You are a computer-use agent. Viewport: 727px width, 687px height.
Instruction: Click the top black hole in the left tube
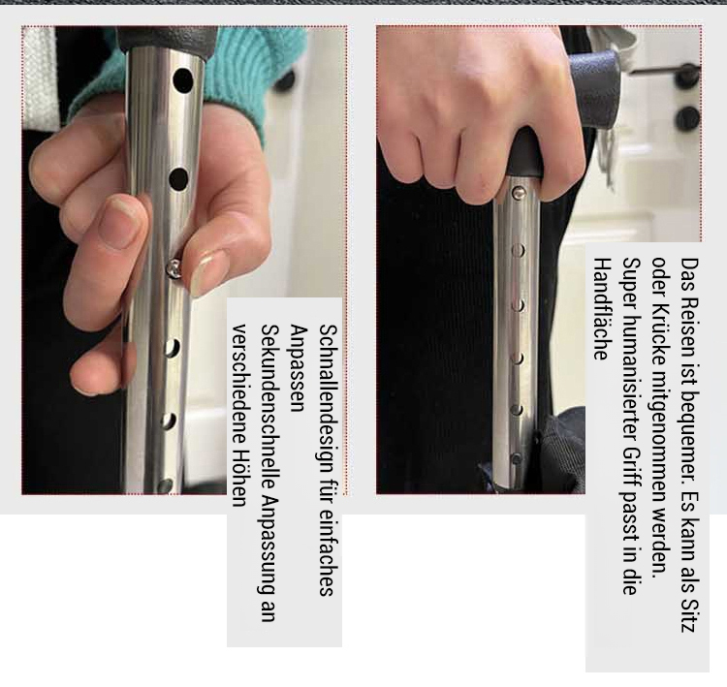pos(182,80)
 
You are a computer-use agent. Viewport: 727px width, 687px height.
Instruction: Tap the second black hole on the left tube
pos(178,179)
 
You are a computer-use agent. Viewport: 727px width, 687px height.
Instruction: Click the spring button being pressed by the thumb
pos(174,268)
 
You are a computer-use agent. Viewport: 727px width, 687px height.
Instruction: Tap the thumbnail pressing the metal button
pos(208,272)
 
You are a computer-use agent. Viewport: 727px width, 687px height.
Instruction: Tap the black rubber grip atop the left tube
pos(167,39)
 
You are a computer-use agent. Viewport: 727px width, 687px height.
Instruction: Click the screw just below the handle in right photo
pos(519,191)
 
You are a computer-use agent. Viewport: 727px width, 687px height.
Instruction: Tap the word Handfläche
pos(601,309)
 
